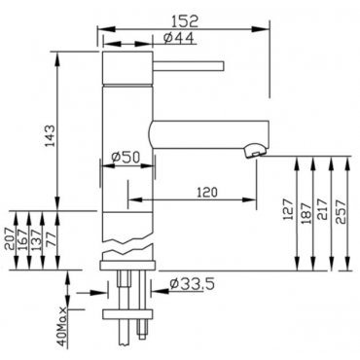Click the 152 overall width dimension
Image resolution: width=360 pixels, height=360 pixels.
184,21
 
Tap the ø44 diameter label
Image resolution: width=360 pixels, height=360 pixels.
179,38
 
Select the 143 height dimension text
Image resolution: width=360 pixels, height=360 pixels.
50,135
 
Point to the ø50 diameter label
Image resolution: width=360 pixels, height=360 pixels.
126,158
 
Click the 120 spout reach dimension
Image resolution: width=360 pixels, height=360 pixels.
207,193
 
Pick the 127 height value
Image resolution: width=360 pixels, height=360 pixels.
288,210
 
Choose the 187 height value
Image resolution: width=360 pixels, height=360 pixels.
306,213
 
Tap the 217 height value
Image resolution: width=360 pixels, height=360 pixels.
323,210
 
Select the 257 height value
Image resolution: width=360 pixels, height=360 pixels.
341,212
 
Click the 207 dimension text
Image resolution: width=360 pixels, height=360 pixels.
10,238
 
